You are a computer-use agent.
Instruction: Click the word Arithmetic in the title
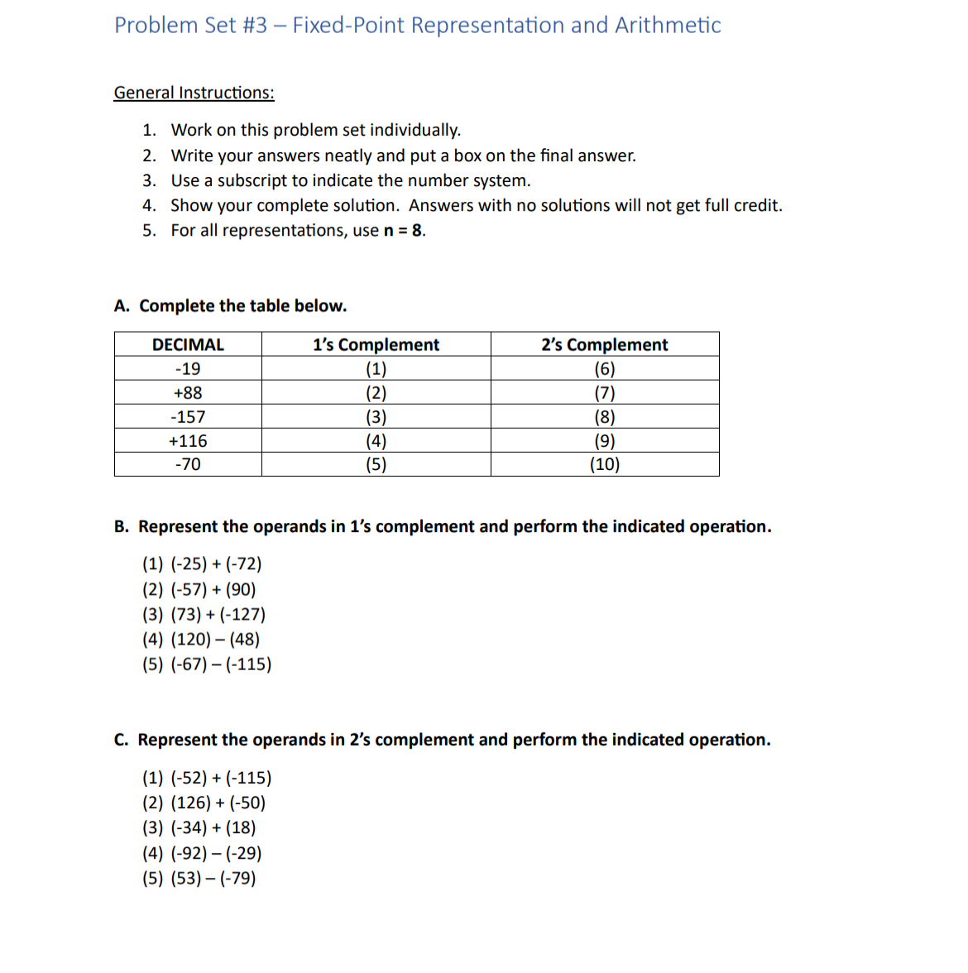[667, 26]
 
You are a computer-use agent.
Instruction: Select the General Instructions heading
[194, 93]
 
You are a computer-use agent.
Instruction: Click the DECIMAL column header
[188, 345]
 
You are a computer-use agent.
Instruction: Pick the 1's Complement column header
[376, 345]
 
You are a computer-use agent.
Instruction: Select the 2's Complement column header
[604, 345]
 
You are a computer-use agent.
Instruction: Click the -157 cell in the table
[188, 417]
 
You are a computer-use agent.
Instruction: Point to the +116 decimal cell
[188, 441]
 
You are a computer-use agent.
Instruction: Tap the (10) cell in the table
[604, 464]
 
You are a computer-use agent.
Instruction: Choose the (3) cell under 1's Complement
[376, 417]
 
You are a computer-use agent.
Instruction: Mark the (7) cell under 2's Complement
[604, 393]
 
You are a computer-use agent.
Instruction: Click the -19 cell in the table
[188, 369]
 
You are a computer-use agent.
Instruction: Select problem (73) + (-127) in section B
[218, 615]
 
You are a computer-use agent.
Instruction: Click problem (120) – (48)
[214, 640]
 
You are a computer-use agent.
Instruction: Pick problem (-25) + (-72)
[215, 564]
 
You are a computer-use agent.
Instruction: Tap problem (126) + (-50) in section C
[218, 803]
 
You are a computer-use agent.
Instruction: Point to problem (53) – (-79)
[213, 879]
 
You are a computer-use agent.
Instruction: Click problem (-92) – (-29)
[215, 854]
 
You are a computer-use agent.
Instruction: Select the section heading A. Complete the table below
[231, 306]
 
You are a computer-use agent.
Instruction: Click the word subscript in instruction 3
[252, 181]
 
